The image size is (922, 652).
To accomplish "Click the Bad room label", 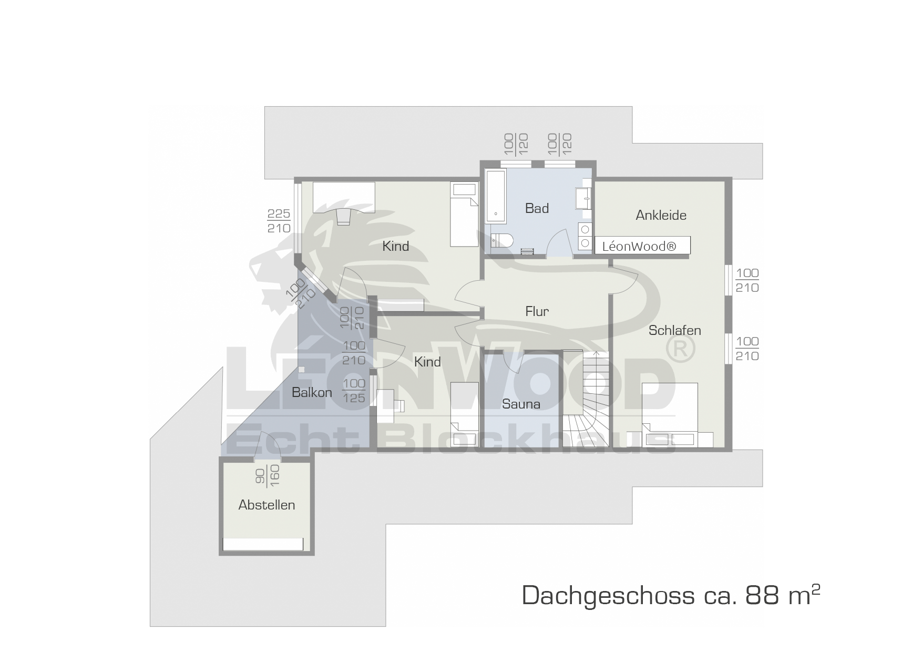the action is pos(537,208).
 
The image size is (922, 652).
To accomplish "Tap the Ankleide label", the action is pos(661,215).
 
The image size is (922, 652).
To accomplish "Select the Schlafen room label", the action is pos(674,330).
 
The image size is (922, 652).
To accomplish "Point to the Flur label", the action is pos(537,311).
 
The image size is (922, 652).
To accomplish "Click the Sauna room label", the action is pos(521,404).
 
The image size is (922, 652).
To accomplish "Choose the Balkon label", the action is pos(312,392).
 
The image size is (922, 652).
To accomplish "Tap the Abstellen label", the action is pos(267,505).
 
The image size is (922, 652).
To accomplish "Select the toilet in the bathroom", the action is pos(502,241).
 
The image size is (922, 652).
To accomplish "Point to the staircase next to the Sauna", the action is pos(586,398).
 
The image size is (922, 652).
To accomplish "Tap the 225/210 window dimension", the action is pos(279,221).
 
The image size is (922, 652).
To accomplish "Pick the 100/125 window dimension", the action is pos(354,391).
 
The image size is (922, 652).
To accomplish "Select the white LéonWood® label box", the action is pos(642,246).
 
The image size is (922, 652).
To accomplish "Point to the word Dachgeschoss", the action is pos(608,596).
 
